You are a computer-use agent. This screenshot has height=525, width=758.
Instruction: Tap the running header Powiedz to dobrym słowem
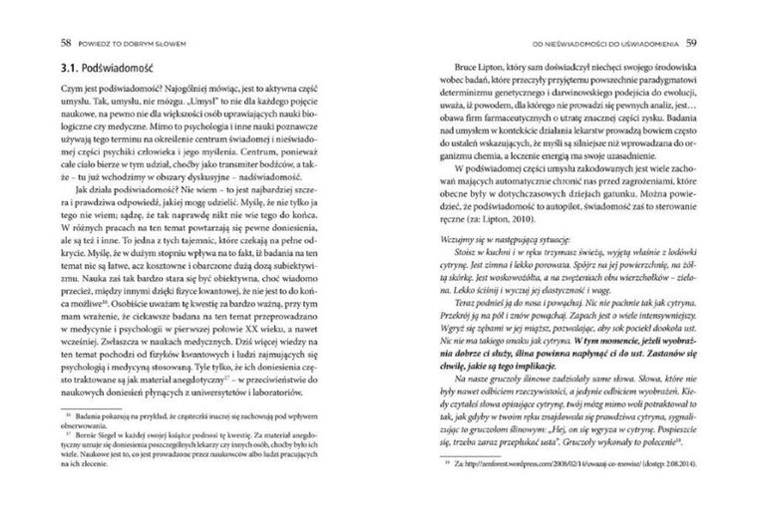(128, 43)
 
